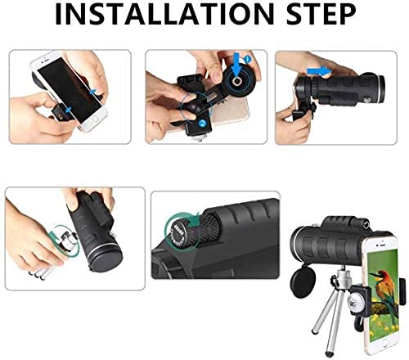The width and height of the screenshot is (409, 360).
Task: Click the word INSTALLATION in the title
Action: click(155, 18)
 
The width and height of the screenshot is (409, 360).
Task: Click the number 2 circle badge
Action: click(203, 124)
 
